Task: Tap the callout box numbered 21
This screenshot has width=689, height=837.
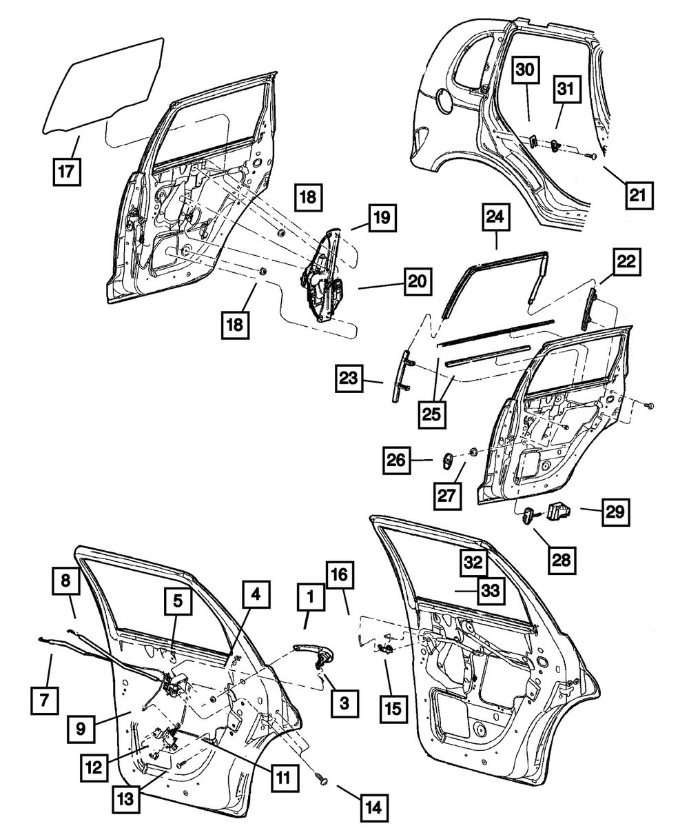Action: point(637,194)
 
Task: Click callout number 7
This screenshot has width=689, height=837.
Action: point(45,702)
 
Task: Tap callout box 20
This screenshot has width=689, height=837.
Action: point(418,282)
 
